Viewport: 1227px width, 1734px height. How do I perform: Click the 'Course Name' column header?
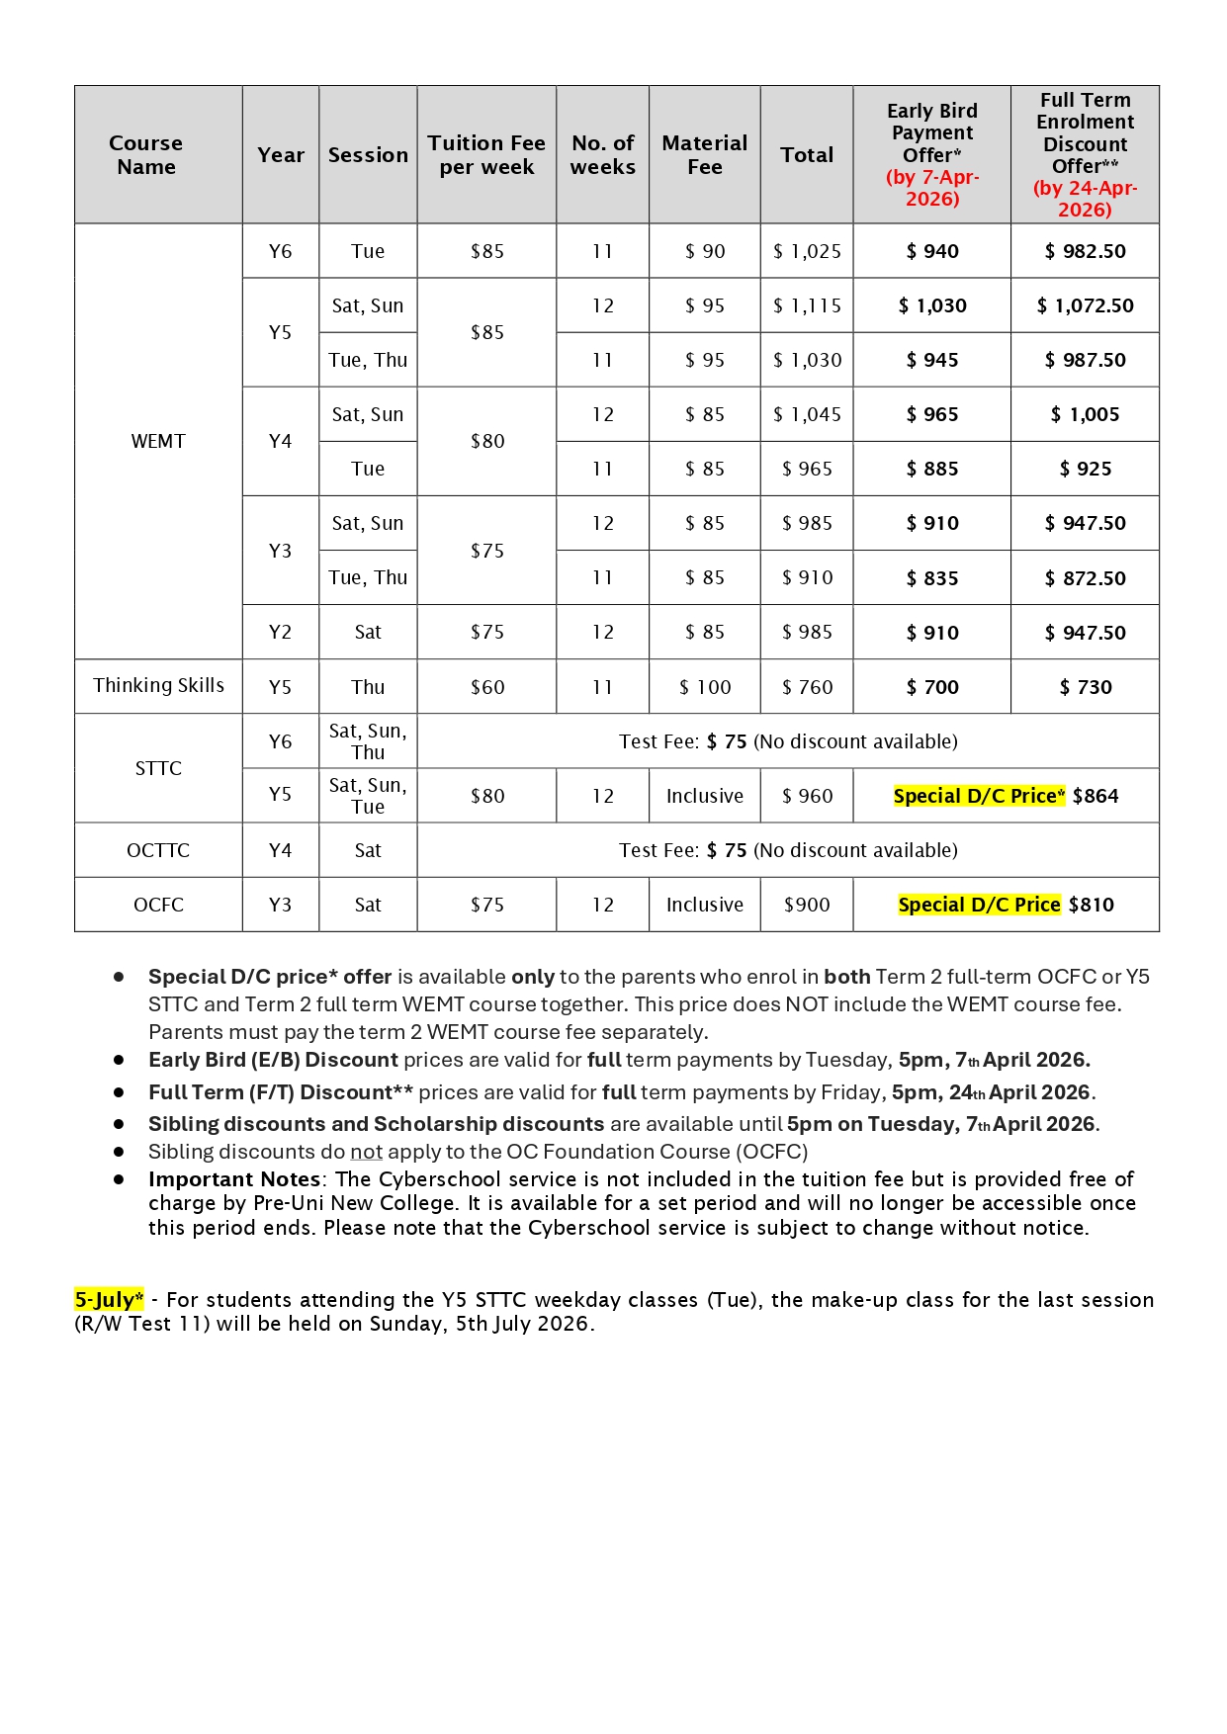point(146,155)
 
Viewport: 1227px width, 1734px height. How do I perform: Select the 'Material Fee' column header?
point(704,155)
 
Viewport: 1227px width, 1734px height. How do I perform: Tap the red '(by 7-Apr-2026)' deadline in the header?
point(932,188)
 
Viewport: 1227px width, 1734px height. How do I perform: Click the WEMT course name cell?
point(158,441)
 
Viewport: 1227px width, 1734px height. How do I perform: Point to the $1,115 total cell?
point(807,305)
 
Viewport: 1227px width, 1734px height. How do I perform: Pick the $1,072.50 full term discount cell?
point(1085,305)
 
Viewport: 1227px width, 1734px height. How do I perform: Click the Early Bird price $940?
point(932,251)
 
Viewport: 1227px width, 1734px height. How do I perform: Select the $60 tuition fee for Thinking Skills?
point(487,687)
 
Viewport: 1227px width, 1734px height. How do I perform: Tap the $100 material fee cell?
point(705,687)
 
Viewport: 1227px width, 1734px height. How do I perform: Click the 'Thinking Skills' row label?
point(158,685)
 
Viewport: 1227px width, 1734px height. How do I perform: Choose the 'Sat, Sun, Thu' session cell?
point(368,741)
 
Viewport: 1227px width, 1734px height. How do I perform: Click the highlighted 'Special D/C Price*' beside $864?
point(979,796)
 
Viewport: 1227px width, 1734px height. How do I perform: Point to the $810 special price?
point(1091,905)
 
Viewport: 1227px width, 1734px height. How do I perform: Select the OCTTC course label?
point(158,850)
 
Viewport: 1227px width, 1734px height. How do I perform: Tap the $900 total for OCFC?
point(807,905)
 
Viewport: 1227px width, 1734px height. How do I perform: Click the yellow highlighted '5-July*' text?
point(109,1299)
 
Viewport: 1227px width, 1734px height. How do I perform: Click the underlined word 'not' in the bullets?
point(366,1152)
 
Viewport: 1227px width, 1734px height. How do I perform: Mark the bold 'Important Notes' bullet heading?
point(234,1179)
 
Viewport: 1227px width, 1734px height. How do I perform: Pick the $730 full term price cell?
point(1086,687)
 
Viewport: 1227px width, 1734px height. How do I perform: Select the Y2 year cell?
point(281,632)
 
